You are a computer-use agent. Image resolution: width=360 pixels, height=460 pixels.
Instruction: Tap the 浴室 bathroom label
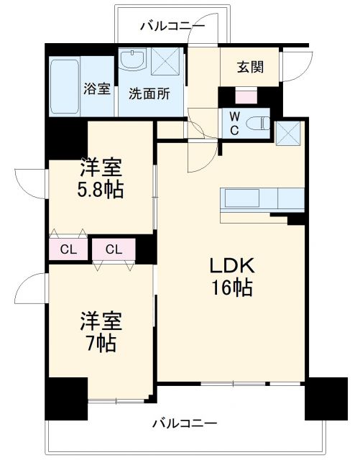(x=97, y=90)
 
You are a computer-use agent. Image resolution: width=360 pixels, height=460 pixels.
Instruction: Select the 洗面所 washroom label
(x=149, y=93)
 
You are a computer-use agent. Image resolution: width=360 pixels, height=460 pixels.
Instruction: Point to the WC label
(x=235, y=124)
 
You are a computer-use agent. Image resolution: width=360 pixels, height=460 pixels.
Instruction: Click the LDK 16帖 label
(x=231, y=277)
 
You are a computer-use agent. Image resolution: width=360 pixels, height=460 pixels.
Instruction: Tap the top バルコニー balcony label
(x=172, y=27)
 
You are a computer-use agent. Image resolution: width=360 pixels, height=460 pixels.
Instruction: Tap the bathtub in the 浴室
(x=65, y=86)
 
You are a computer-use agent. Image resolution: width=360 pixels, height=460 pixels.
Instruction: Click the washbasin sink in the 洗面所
(x=132, y=61)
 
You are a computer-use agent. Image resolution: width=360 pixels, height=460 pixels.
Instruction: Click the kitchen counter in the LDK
(x=263, y=198)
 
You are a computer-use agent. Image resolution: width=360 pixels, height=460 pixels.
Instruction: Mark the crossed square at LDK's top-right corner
(x=290, y=133)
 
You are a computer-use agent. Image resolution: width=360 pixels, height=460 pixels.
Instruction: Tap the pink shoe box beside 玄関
(x=246, y=96)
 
